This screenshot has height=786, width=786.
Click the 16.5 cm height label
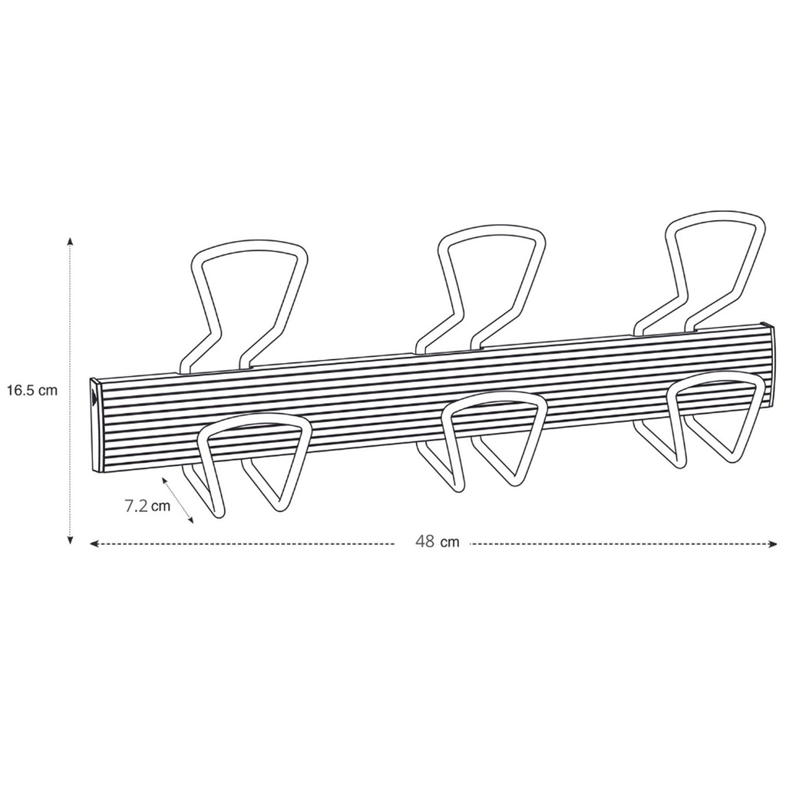pyautogui.click(x=32, y=391)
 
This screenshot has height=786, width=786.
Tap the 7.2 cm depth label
pyautogui.click(x=147, y=506)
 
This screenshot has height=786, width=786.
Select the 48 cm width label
pyautogui.click(x=437, y=542)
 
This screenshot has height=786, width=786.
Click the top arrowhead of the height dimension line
pyautogui.click(x=70, y=240)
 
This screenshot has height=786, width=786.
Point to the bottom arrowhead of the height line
pyautogui.click(x=70, y=540)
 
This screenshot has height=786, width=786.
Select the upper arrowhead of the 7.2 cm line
pyautogui.click(x=164, y=481)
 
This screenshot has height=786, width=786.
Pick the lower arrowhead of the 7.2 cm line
pyautogui.click(x=190, y=521)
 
